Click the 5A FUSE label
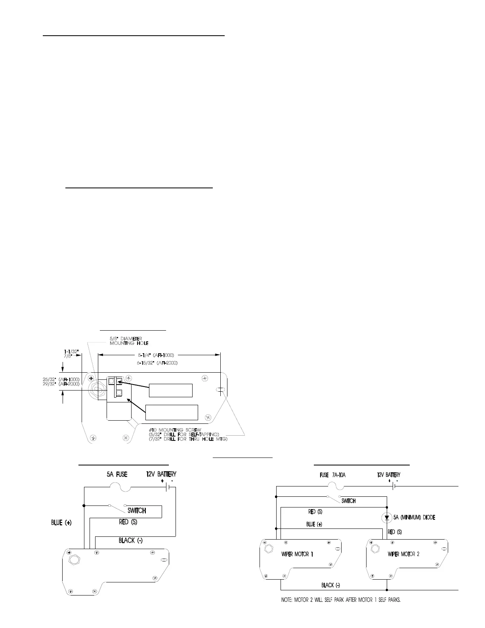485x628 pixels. click(117, 474)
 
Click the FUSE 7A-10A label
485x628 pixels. click(333, 475)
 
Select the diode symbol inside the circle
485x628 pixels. click(387, 518)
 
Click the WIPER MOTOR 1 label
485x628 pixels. click(297, 554)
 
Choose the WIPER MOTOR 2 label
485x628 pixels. click(403, 554)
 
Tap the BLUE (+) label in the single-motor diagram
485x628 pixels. click(61, 523)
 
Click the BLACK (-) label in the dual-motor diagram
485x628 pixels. click(331, 585)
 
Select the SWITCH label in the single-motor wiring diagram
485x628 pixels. click(137, 511)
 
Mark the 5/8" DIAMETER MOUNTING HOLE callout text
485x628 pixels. click(129, 341)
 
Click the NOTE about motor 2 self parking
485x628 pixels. click(341, 600)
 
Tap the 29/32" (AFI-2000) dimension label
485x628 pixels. click(61, 384)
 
